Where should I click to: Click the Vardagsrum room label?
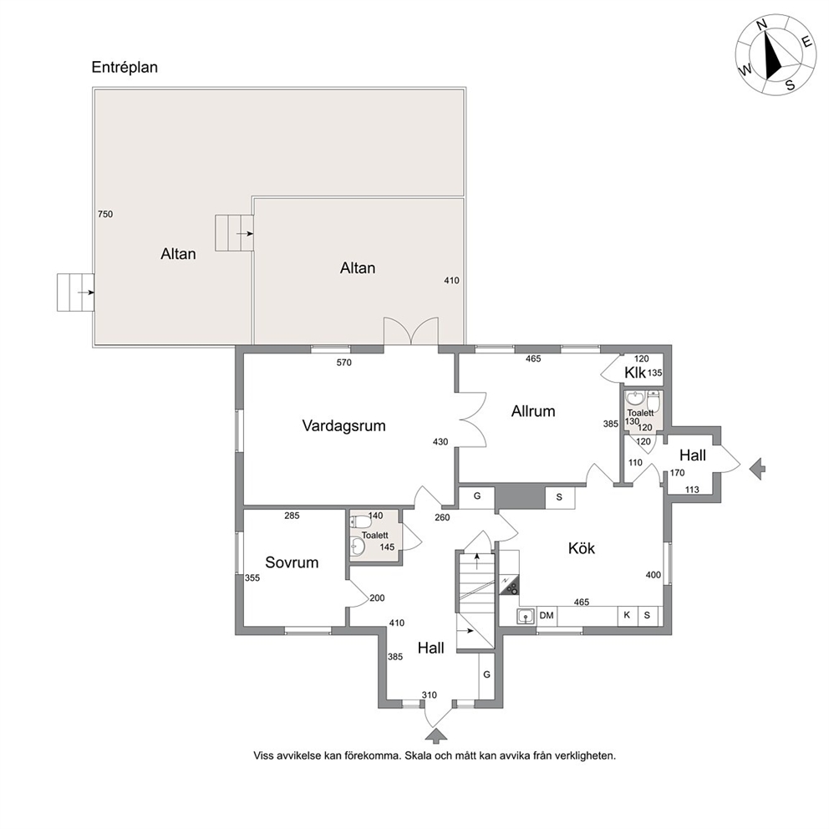[x=343, y=425]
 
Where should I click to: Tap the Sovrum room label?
[x=292, y=562]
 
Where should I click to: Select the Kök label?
[x=582, y=547]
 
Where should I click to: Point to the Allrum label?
[x=533, y=411]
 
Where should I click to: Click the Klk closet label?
[x=635, y=373]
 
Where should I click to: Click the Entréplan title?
[x=125, y=67]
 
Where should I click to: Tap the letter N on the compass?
[x=762, y=39]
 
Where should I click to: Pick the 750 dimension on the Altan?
[x=105, y=214]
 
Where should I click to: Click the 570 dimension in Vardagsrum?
[x=343, y=362]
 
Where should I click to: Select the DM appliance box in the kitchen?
[x=547, y=615]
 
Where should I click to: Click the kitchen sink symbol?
[x=525, y=615]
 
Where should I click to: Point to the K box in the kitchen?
[x=627, y=615]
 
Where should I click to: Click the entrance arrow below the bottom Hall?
[x=435, y=735]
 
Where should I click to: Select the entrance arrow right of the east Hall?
[x=758, y=469]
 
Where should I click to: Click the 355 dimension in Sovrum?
[x=252, y=577]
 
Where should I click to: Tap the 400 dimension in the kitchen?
[x=654, y=575]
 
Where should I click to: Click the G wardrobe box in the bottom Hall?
[x=486, y=675]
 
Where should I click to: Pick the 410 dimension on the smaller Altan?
[x=451, y=281]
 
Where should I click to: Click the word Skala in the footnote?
[x=418, y=755]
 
